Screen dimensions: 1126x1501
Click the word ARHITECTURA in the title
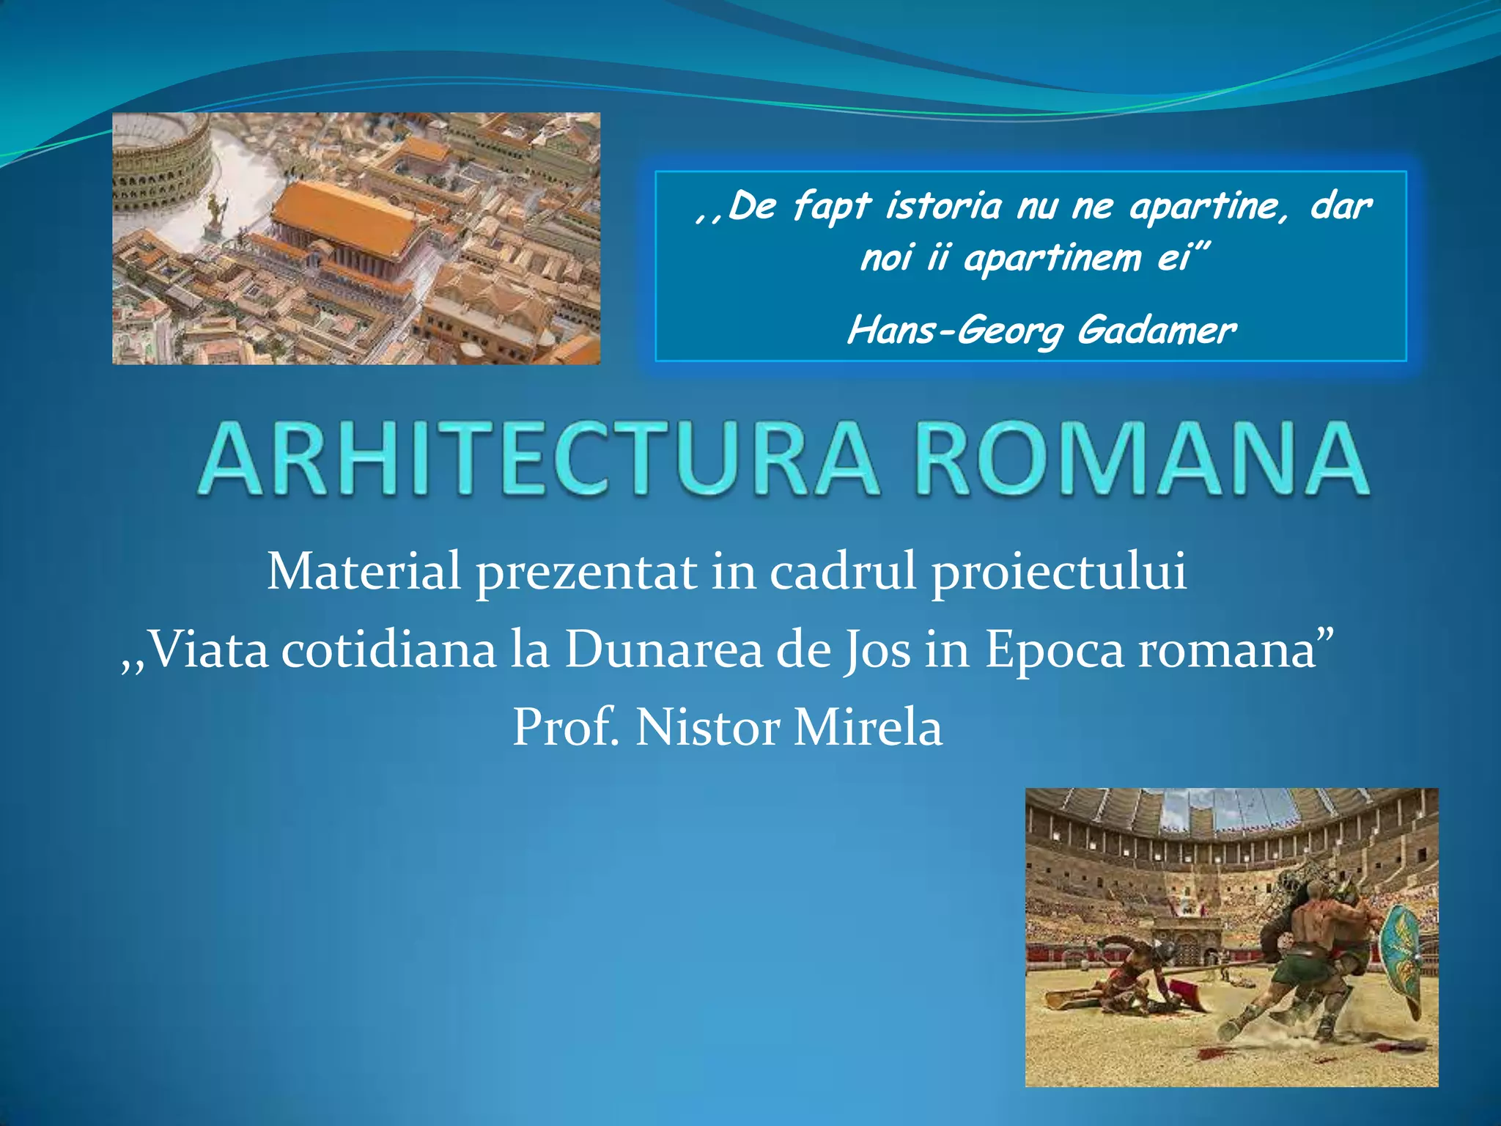coord(539,460)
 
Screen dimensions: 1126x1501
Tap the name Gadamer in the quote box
coord(1156,330)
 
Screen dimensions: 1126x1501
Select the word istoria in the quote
coord(943,205)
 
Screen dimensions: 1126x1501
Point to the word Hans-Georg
coord(955,330)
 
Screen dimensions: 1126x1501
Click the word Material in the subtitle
coord(364,571)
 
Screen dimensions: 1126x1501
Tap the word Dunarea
coord(663,650)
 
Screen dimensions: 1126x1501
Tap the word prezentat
coord(586,573)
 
